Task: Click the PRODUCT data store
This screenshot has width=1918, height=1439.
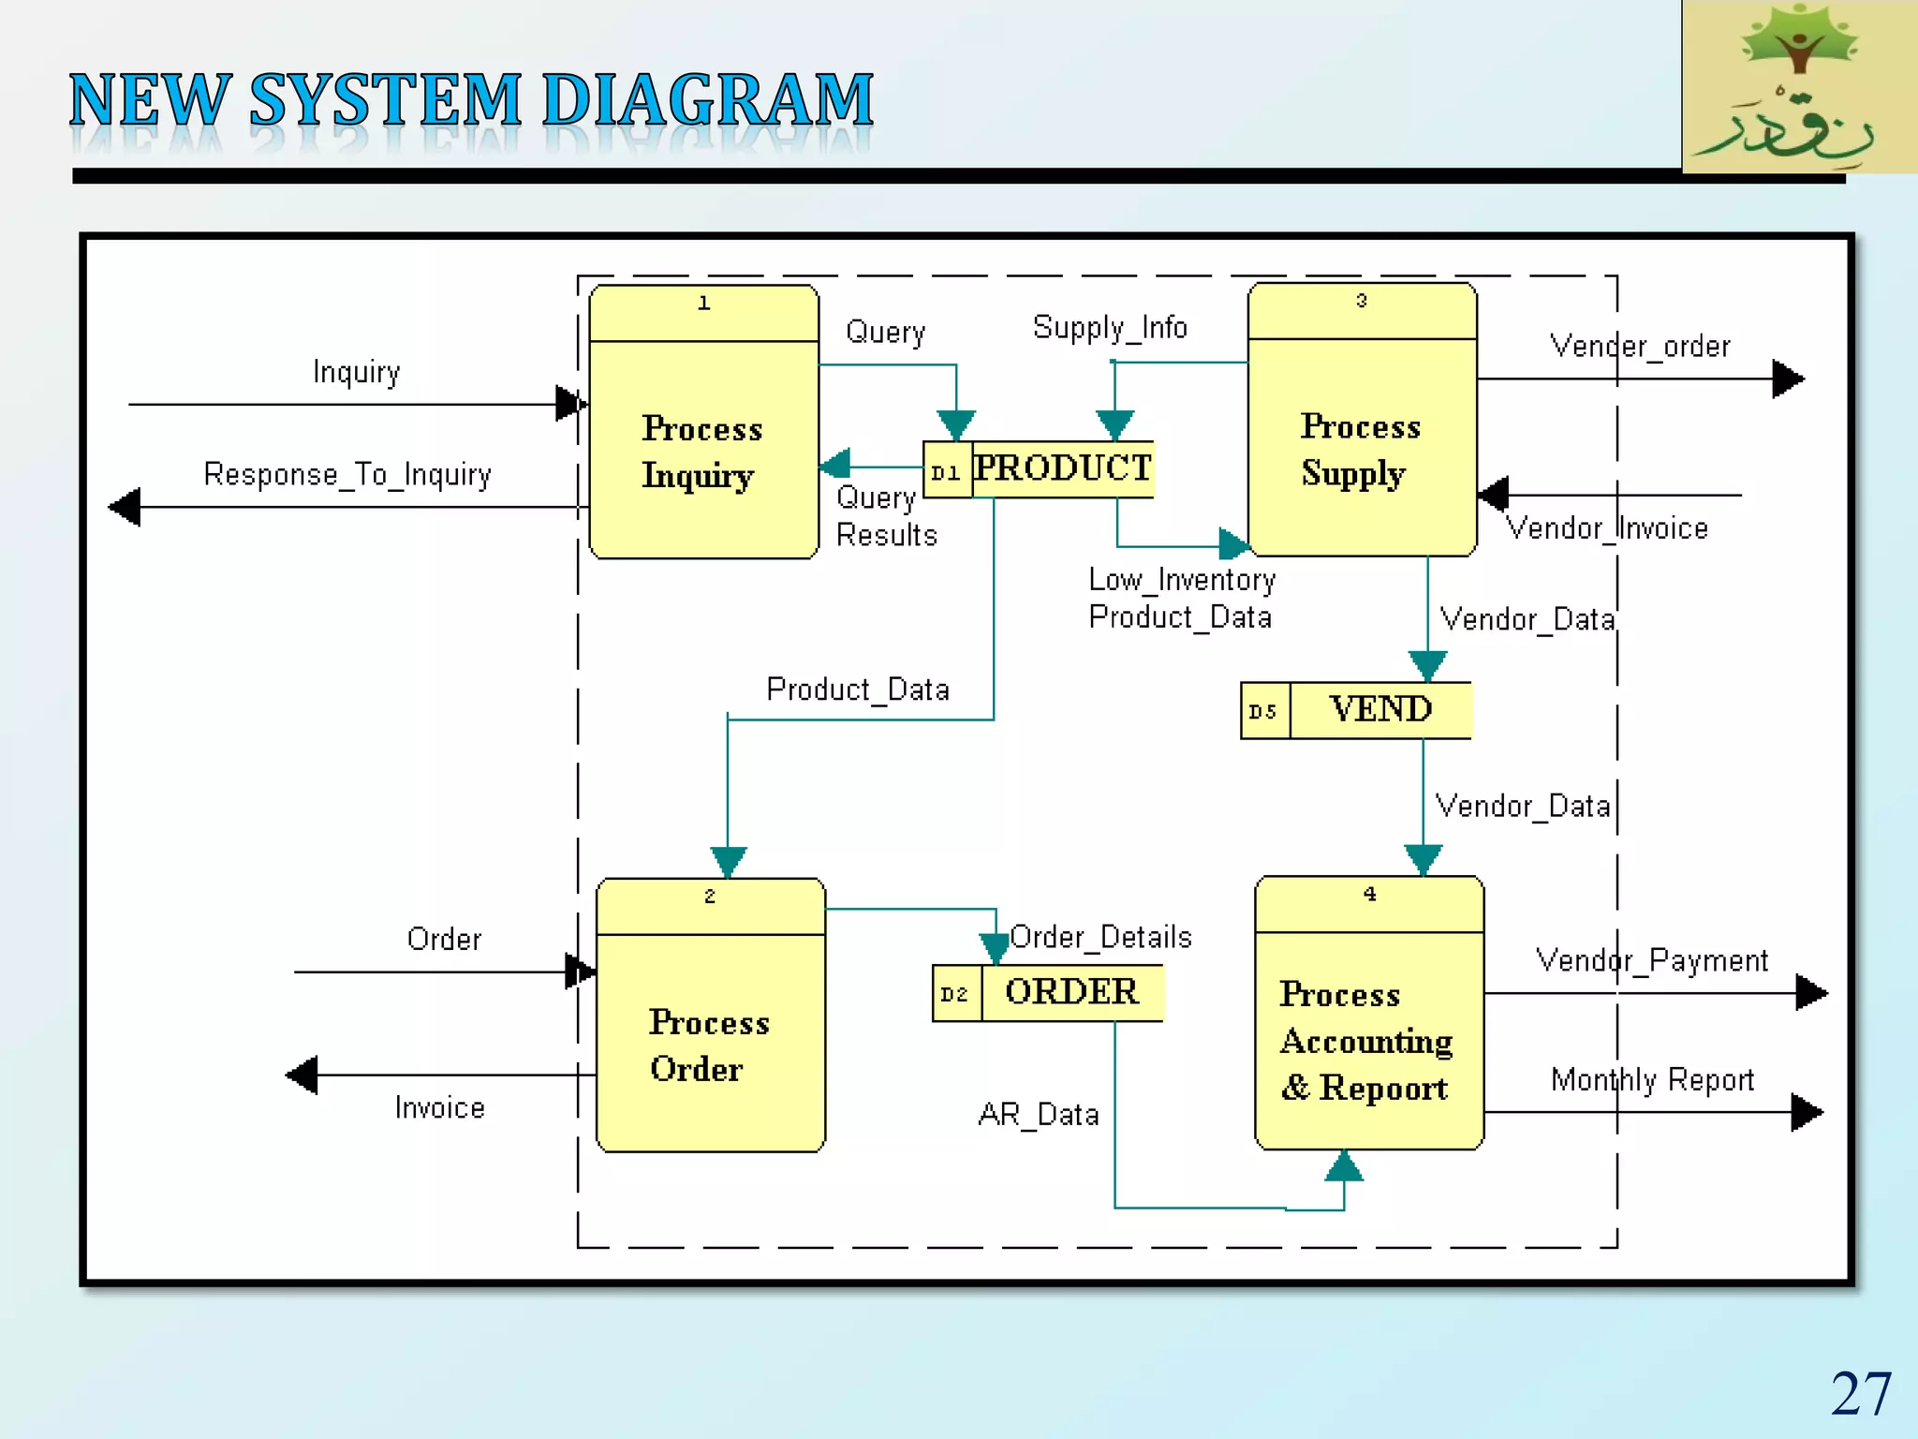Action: [x=1062, y=468]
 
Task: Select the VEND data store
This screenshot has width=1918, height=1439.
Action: [x=1379, y=710]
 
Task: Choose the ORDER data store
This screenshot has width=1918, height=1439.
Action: [x=1071, y=992]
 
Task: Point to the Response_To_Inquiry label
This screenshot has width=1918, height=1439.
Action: [x=347, y=474]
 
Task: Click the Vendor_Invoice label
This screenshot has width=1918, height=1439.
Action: [x=1607, y=528]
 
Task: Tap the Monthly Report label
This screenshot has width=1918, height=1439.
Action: [x=1652, y=1080]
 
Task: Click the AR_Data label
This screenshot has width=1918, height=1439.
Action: [x=1038, y=1115]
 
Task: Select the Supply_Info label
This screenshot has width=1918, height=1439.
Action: [x=1110, y=328]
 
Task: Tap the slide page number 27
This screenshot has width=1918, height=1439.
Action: [x=1860, y=1393]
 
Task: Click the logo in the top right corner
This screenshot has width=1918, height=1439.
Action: [x=1799, y=86]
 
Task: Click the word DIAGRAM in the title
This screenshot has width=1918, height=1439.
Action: [x=707, y=99]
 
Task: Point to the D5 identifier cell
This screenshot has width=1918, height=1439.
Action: [x=1263, y=711]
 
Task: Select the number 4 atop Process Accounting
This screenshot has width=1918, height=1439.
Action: [x=1369, y=894]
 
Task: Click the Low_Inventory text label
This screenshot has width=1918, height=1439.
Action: [x=1182, y=580]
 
